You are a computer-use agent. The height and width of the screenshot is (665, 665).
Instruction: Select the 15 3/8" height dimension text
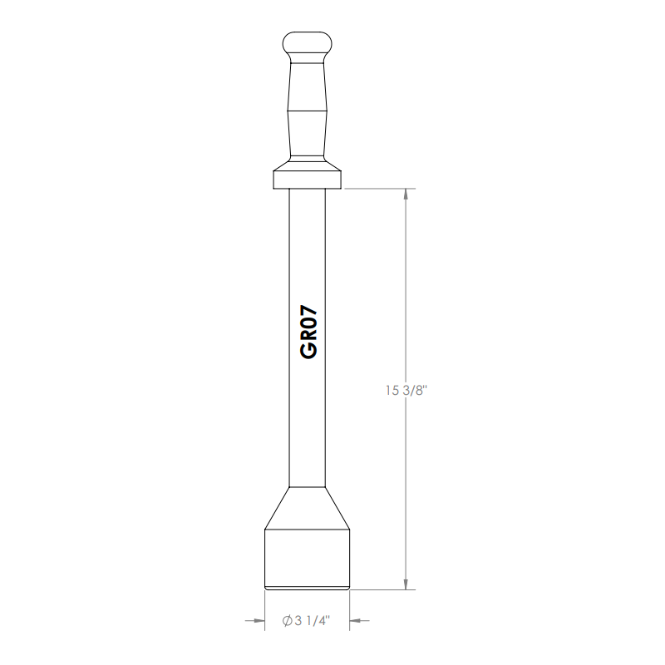click(x=405, y=390)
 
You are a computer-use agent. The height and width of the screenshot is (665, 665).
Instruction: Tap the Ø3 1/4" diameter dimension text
click(x=306, y=621)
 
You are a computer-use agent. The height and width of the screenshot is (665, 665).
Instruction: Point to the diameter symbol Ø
click(x=286, y=621)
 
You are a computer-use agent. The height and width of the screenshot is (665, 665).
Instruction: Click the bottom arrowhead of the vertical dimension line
click(x=405, y=584)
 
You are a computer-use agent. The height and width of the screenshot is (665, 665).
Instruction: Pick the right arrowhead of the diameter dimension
click(x=356, y=620)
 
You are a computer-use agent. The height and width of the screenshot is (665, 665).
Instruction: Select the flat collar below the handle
click(x=307, y=178)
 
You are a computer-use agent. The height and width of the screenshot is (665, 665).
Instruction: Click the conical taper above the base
click(x=307, y=508)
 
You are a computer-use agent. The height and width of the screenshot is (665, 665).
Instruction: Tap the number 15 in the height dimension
click(x=392, y=390)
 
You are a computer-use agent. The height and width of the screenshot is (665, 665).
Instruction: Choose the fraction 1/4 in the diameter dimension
click(x=319, y=621)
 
